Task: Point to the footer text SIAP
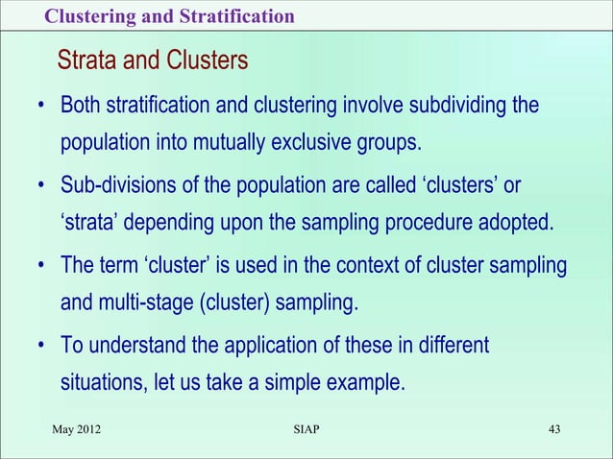(306, 427)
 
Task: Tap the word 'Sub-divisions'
(115, 184)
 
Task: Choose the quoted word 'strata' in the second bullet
(88, 225)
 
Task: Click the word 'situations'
(100, 384)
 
